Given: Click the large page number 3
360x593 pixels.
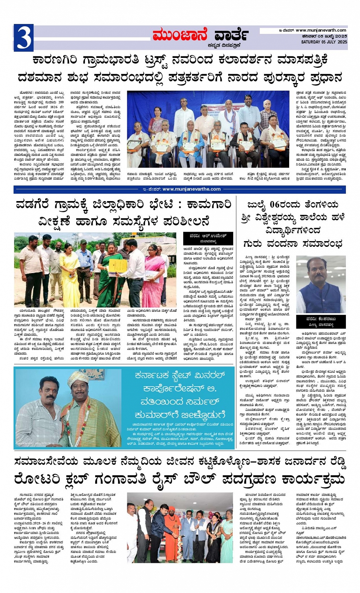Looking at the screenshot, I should tap(23, 38).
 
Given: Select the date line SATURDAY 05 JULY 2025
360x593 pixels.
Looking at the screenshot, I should tap(324, 42).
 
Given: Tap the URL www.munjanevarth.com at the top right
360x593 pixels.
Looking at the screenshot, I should tap(321, 30).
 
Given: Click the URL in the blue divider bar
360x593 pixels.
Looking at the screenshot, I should tap(191, 189).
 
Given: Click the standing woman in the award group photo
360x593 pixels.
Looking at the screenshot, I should tap(156, 121).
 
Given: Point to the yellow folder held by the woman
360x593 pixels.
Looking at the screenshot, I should tap(118, 265).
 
